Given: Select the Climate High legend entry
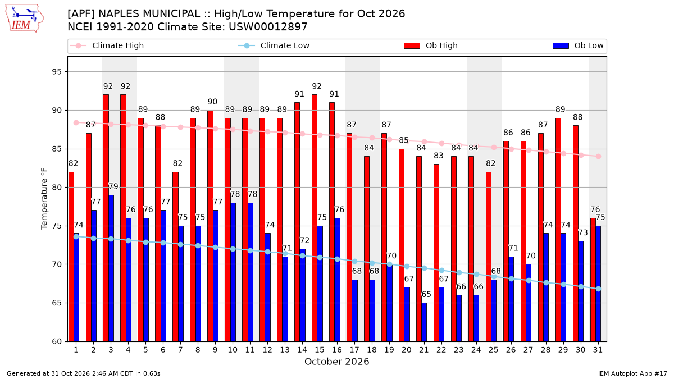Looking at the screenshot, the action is tap(107, 45).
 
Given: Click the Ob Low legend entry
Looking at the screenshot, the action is tap(578, 45).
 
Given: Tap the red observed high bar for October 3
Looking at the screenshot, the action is tap(106, 218).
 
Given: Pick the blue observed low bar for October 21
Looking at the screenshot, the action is tap(424, 322).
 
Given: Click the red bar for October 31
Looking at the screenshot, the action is tap(593, 280).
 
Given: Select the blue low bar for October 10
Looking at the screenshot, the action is tap(233, 272).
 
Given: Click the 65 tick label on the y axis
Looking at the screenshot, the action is tap(56, 303).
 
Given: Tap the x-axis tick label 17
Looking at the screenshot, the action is tap(354, 350).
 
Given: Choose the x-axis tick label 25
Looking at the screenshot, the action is tap(494, 350).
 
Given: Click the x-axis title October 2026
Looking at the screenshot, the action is tap(336, 362).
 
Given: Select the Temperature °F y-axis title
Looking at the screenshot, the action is tap(44, 199).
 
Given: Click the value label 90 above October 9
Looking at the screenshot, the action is tap(212, 102).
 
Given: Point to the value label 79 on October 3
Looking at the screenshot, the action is tap(113, 186).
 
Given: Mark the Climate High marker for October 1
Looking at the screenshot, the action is tap(76, 123).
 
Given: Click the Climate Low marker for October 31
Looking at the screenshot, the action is tap(598, 289).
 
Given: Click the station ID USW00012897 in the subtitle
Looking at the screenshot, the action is tap(268, 27).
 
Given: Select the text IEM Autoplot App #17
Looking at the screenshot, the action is tap(632, 373).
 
